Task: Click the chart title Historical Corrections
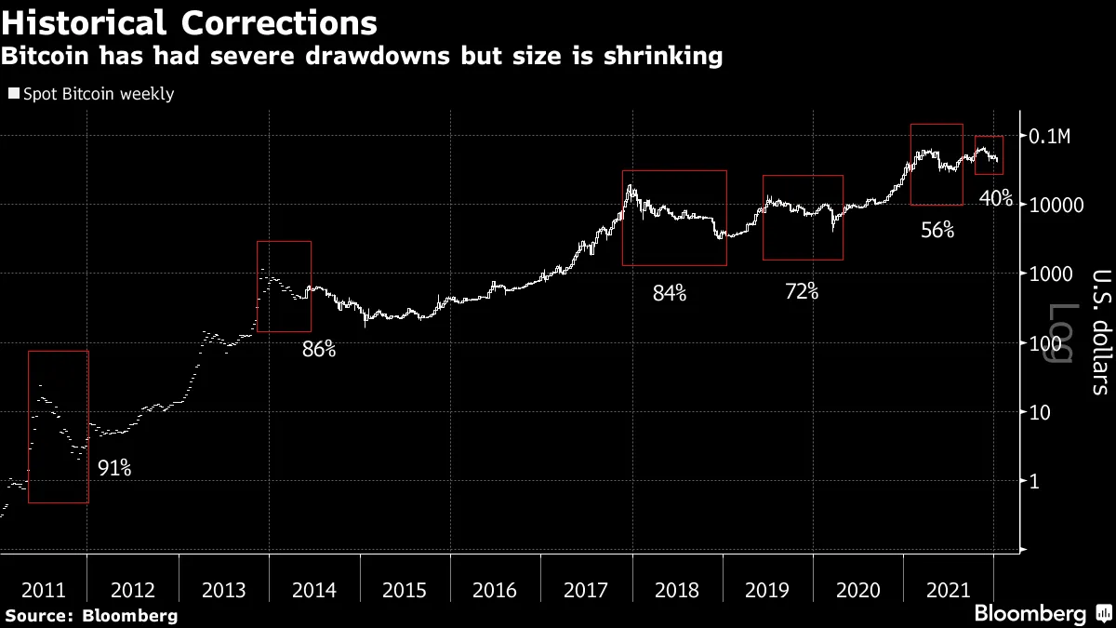189,21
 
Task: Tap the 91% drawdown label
114,469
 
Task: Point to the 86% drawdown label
318,351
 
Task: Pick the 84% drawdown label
669,294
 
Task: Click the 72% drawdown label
801,291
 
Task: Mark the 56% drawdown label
937,230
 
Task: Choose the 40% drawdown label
996,198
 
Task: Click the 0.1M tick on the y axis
1052,137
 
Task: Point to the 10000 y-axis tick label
1056,206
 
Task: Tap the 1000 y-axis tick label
1052,274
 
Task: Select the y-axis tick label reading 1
1034,481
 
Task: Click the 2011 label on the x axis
43,590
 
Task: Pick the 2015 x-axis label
404,590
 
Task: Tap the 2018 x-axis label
676,590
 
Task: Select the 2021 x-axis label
949,590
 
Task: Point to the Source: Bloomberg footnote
90,615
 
